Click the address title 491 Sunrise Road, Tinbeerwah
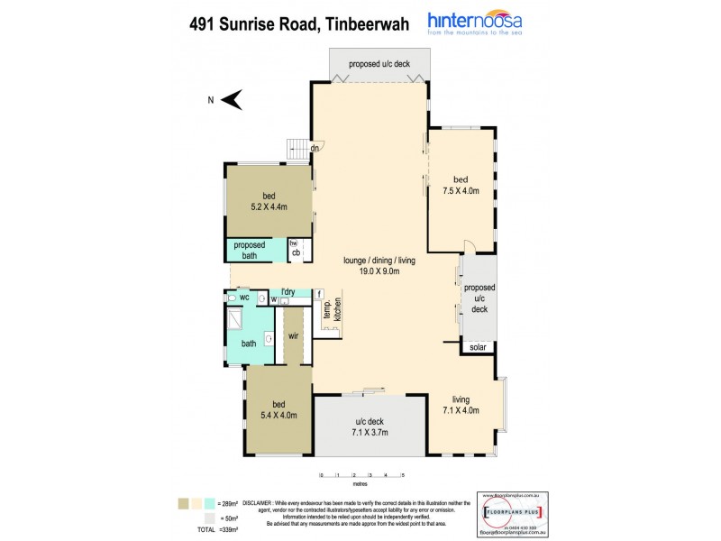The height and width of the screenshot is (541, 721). (294, 24)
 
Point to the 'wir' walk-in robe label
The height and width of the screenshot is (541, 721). (294, 335)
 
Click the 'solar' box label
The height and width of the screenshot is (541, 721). (477, 346)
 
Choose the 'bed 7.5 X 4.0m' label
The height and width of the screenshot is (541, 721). (460, 186)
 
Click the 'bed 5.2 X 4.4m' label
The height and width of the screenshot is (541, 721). (268, 200)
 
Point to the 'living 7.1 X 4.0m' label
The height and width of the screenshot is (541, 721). (460, 406)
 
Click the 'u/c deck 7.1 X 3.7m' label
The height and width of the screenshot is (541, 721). (368, 426)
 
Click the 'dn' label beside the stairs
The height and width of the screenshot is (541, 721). (315, 149)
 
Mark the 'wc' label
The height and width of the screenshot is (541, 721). (243, 296)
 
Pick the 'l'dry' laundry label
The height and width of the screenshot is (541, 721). (288, 291)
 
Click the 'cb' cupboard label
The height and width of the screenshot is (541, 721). (295, 252)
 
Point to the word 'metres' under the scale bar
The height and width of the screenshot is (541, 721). (360, 484)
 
